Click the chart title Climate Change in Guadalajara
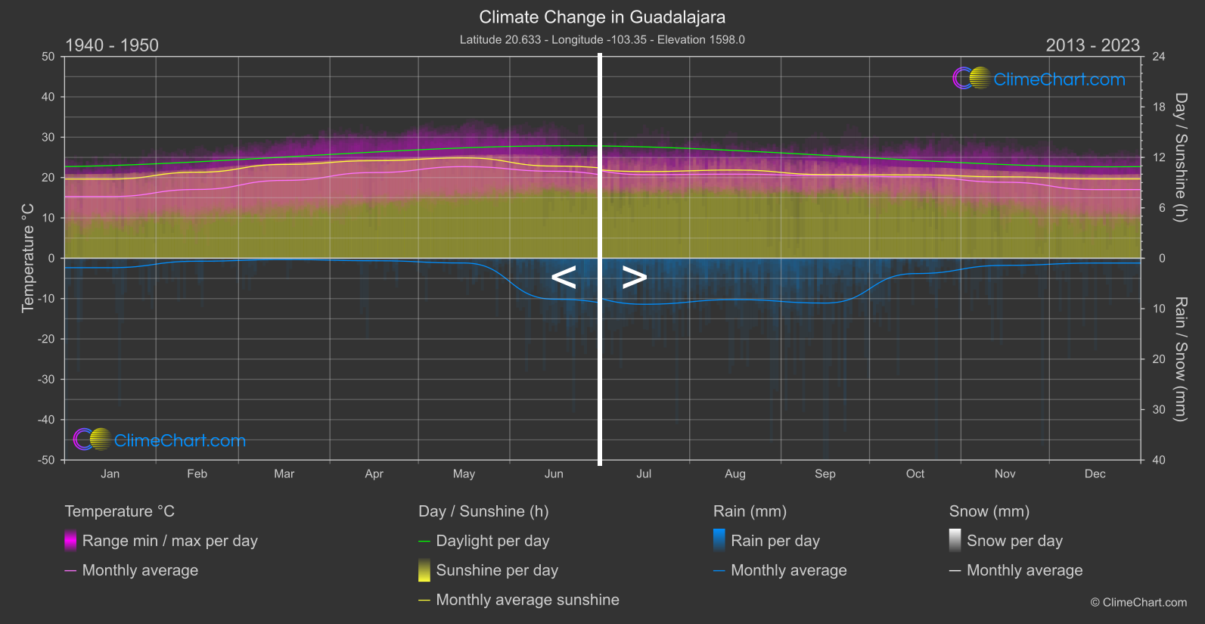pos(602,17)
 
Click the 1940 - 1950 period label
pos(112,45)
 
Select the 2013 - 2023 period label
pos(1092,45)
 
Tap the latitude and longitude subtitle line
pos(602,39)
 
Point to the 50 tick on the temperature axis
pos(48,57)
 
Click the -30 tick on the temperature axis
pos(46,380)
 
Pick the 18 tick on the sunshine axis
pos(1159,107)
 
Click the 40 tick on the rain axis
pos(1159,460)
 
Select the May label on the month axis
pos(464,474)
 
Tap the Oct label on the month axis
pos(915,474)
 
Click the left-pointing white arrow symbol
pos(564,278)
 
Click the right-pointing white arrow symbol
pos(635,278)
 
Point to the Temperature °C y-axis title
pos(28,258)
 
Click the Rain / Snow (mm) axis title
pos(1180,359)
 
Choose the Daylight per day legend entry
pos(492,541)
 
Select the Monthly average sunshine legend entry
pos(527,600)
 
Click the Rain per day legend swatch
pos(719,540)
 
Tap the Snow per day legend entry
pos(1014,541)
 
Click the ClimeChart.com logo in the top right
pos(1039,79)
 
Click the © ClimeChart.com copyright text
pos(1138,603)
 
